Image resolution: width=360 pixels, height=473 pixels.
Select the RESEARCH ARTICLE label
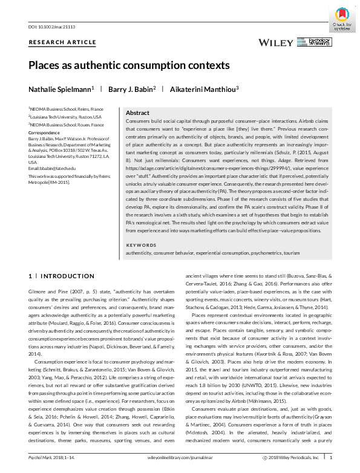62,42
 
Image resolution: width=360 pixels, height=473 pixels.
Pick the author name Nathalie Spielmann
61,89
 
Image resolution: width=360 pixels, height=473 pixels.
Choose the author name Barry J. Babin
132,89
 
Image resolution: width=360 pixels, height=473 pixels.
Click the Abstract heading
137,113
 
